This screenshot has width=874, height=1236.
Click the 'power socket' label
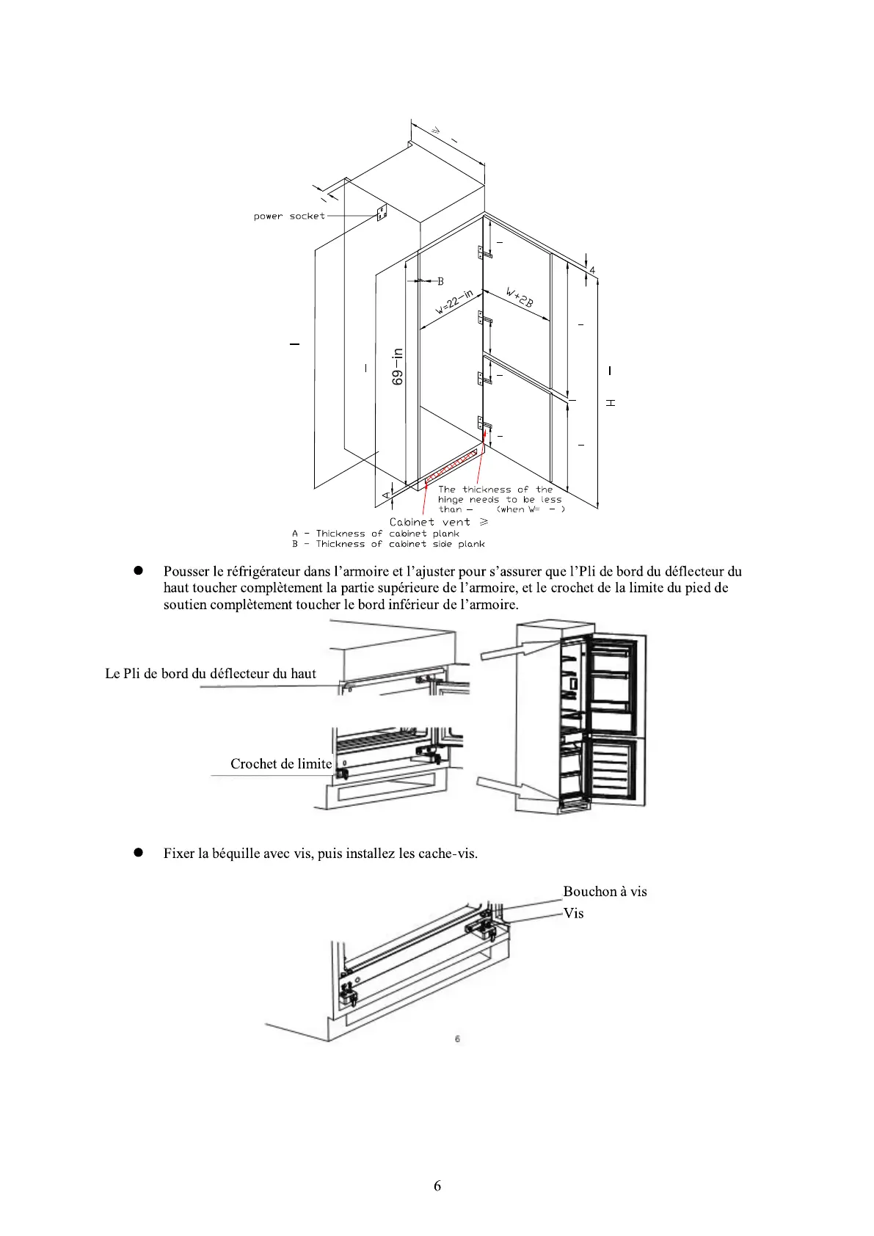coord(288,217)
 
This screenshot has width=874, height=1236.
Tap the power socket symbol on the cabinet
coord(382,214)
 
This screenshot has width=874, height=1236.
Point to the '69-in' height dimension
coord(398,366)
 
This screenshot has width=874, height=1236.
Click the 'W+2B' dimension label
coord(520,297)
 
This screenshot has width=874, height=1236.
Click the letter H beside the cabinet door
coord(611,403)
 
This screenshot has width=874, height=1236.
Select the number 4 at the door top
coord(592,270)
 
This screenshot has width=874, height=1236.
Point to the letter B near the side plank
coord(440,281)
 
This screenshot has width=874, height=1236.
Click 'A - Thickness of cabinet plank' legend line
coord(375,534)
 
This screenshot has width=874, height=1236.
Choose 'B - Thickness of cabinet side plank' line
coord(388,544)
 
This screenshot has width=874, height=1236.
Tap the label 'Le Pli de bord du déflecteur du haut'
coord(211,674)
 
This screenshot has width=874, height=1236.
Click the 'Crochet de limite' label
coord(281,764)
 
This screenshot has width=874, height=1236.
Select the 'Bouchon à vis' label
coord(605,892)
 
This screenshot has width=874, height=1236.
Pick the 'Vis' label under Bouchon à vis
coord(573,913)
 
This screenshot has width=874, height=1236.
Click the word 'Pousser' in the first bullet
coord(186,572)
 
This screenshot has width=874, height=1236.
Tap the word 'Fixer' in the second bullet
coord(179,854)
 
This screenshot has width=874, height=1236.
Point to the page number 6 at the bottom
coord(437,1186)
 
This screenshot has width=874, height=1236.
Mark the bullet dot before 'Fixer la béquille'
coord(137,853)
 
